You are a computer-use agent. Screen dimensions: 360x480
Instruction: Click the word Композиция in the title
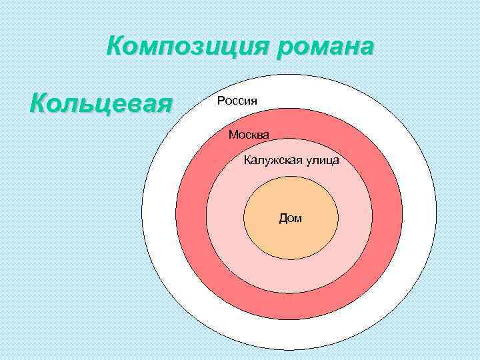183,48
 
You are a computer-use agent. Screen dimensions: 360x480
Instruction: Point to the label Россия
237,101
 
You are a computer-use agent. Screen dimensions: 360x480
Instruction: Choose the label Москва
249,135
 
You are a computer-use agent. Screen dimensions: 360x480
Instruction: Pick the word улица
322,160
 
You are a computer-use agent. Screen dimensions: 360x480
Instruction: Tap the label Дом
290,218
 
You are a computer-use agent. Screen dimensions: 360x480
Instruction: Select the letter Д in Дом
283,218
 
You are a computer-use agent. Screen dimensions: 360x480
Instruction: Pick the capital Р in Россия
220,101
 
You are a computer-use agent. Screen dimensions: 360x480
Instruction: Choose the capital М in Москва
233,135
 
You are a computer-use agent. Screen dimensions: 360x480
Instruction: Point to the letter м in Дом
297,219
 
